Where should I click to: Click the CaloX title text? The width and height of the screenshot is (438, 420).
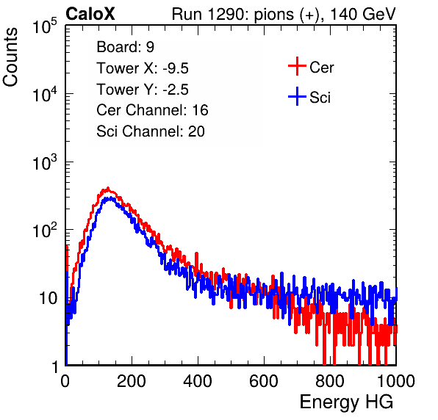(x=90, y=14)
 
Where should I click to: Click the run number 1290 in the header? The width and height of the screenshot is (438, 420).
(x=226, y=14)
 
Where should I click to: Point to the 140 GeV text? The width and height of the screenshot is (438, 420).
(x=363, y=14)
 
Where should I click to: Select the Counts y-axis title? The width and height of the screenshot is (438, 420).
(x=10, y=57)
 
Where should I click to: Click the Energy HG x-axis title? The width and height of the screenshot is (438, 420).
(x=346, y=402)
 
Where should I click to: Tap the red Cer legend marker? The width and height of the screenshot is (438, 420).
(x=297, y=66)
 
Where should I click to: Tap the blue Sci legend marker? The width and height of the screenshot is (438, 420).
(x=297, y=96)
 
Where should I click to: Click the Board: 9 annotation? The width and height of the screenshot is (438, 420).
(x=126, y=47)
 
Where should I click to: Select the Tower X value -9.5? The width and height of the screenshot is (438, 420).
(x=176, y=68)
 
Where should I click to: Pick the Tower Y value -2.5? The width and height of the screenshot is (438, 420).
(x=176, y=90)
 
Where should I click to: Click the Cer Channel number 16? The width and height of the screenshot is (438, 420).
(x=200, y=110)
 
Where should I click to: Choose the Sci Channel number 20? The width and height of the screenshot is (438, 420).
(x=196, y=131)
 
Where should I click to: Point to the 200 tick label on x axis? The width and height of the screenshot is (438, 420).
(x=132, y=381)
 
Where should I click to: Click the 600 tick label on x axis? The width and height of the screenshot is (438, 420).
(x=264, y=381)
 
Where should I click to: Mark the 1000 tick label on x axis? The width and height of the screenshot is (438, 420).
(x=396, y=381)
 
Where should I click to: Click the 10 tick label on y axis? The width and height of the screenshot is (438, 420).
(x=49, y=298)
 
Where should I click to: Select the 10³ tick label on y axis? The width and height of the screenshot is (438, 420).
(x=45, y=162)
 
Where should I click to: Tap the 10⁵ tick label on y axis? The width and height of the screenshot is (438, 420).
(x=45, y=26)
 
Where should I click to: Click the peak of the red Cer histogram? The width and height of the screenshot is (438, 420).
(x=108, y=188)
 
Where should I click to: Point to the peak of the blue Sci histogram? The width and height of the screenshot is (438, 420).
(x=111, y=198)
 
